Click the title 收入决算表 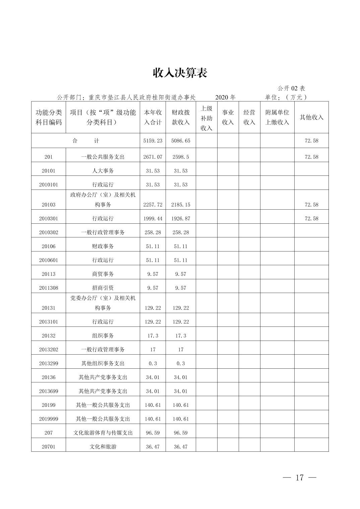click(x=180, y=72)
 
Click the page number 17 click(x=299, y=478)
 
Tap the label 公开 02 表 click(x=291, y=88)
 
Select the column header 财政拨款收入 click(x=181, y=117)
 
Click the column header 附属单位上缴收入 click(x=277, y=117)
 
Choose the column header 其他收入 click(x=311, y=117)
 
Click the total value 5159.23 click(x=153, y=141)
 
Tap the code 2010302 click(x=49, y=232)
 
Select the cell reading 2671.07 click(x=153, y=157)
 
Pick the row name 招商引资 click(x=103, y=288)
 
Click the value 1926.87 click(x=181, y=218)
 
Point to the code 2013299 click(x=49, y=363)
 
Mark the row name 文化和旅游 click(x=103, y=446)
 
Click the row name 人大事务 click(x=103, y=171)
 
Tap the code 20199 click(x=49, y=405)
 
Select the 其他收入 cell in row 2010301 click(x=311, y=218)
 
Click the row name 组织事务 click(x=103, y=336)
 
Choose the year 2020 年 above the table click(x=225, y=97)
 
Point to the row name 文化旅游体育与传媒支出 click(x=103, y=433)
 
